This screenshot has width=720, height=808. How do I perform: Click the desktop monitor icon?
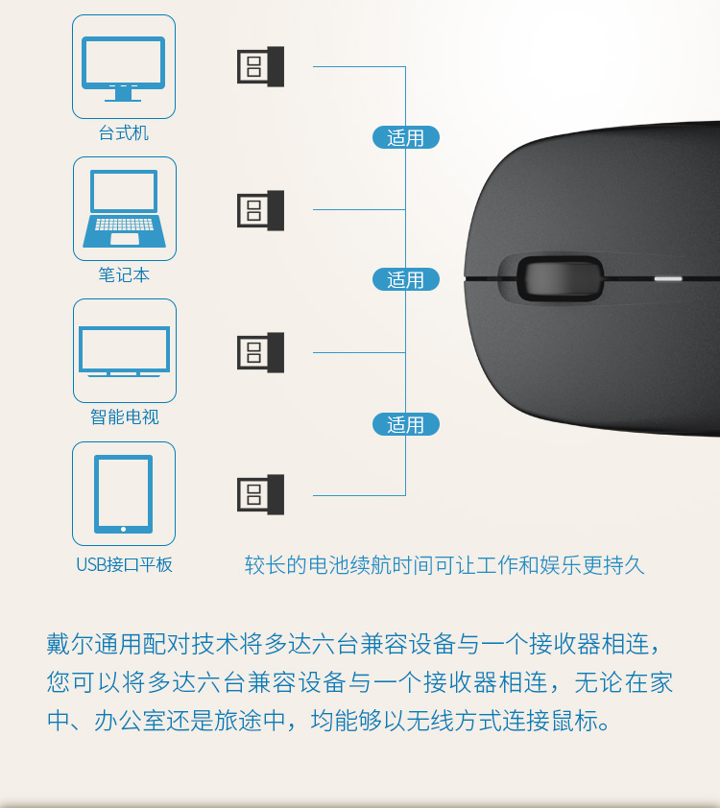point(124,68)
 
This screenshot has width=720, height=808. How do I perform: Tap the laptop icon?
point(124,208)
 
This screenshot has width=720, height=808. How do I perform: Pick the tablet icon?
point(123,493)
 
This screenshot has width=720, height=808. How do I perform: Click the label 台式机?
point(124,133)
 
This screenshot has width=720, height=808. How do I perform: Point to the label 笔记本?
point(124,274)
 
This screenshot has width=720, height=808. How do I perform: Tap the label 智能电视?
point(124,416)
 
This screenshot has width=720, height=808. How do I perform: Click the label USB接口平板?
point(124,565)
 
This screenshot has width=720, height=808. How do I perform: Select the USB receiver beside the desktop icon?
point(260,66)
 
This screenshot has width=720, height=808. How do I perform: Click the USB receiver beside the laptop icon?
point(260,210)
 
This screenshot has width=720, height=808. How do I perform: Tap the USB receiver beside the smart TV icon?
point(260,352)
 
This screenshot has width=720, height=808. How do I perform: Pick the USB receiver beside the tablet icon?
point(260,495)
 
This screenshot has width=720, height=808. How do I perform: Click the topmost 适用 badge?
point(406,137)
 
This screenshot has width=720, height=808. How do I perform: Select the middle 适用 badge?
point(406,280)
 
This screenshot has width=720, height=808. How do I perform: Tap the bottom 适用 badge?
point(406,424)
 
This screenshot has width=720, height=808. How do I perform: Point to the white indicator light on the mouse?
point(668,279)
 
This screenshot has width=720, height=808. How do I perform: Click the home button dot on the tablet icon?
point(123,529)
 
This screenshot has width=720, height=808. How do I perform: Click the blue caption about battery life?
point(444,565)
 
